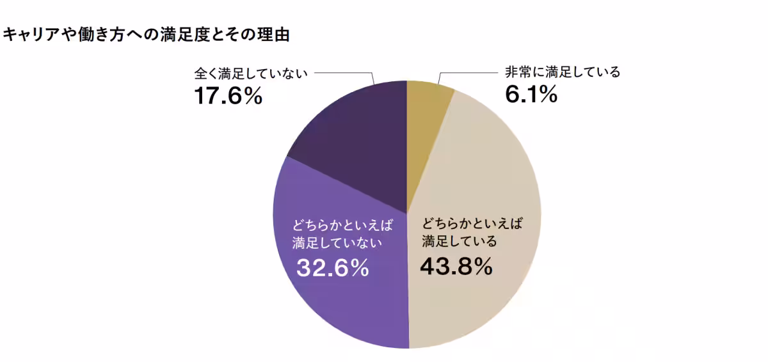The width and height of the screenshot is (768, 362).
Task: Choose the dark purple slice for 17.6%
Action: [358, 141]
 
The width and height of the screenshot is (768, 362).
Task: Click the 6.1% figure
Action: [531, 94]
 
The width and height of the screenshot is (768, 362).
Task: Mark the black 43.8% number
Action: [456, 265]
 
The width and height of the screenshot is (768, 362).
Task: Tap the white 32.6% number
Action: [332, 268]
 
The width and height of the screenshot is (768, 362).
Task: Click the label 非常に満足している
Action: [563, 72]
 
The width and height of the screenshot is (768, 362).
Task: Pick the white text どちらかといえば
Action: [342, 224]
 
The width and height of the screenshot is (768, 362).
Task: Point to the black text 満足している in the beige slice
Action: [459, 242]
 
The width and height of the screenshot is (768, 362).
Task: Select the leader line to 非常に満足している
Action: [467, 72]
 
